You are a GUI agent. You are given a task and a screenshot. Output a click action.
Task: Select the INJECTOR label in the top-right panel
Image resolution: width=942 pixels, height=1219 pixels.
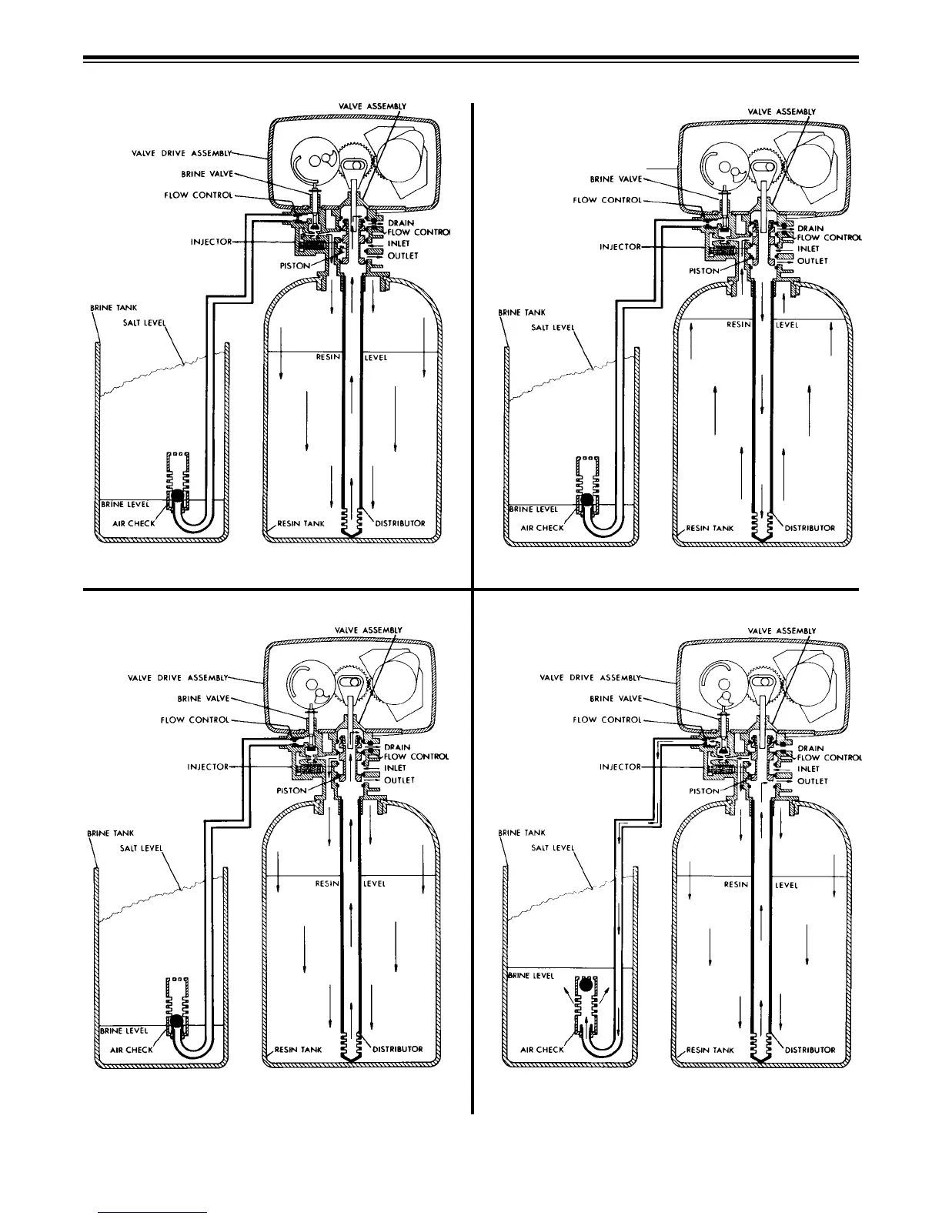620,247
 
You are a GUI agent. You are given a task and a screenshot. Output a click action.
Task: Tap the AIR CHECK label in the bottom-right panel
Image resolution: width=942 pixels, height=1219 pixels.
542,1049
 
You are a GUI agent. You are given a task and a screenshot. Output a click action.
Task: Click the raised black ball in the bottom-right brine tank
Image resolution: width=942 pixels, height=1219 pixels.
586,984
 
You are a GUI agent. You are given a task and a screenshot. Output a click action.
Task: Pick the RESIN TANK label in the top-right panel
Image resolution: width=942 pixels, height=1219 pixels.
710,529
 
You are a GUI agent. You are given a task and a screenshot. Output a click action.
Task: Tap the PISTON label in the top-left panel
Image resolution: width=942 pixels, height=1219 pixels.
294,266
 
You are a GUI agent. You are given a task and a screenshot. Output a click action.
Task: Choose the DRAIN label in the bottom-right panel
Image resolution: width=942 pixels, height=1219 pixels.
810,748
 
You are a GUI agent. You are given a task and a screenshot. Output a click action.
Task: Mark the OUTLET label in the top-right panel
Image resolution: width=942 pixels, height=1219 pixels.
812,261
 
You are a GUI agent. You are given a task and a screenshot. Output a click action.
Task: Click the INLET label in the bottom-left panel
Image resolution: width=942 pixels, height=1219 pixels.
395,768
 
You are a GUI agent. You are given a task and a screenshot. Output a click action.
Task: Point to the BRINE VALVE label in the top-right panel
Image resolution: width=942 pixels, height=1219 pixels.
613,179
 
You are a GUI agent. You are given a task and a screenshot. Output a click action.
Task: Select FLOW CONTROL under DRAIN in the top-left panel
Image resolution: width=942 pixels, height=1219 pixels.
419,232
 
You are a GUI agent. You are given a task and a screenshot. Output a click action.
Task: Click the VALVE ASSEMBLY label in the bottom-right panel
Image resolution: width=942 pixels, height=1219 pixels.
781,631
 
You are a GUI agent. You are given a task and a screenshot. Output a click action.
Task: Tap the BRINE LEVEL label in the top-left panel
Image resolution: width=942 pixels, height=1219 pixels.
125,505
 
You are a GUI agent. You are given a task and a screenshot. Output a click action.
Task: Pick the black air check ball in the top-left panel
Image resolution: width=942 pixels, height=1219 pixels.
177,497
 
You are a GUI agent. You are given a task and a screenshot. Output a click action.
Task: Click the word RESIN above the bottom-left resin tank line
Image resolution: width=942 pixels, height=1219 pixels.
327,883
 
